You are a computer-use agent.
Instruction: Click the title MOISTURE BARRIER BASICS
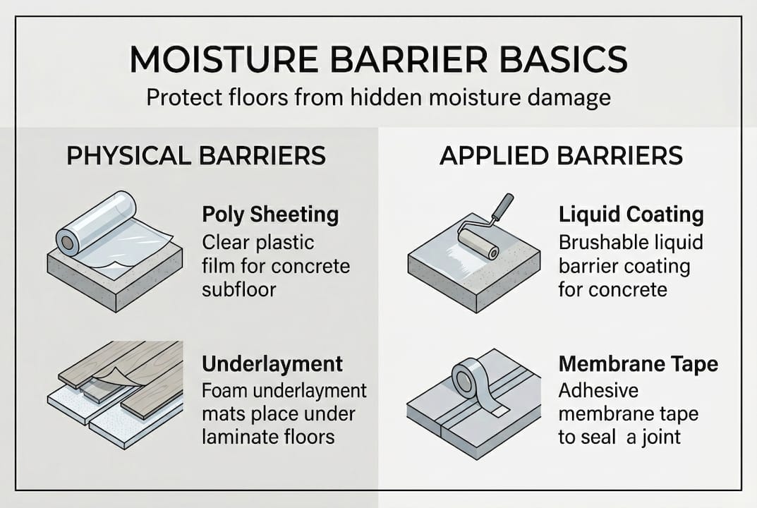point(378,61)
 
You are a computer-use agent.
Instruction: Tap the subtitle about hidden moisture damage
point(378,97)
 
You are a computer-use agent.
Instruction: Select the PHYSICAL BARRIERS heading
point(196,156)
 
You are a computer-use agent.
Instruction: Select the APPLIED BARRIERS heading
point(561,156)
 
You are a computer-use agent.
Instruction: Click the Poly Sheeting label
point(270,214)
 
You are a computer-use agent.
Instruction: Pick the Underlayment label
point(272,364)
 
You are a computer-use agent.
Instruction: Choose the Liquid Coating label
point(631,214)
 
